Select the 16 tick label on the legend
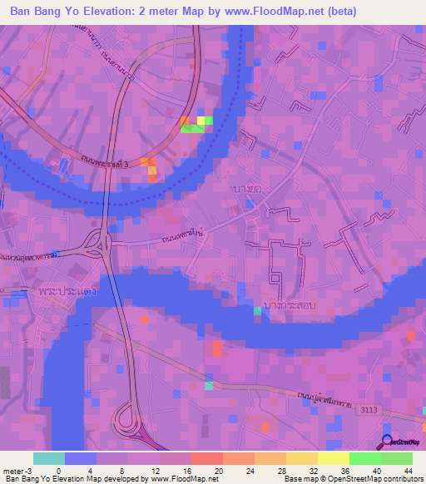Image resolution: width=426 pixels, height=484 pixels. pos(191,471)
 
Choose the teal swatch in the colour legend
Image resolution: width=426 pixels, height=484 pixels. pos(49,458)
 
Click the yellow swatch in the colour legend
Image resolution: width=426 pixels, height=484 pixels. pos(333,458)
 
